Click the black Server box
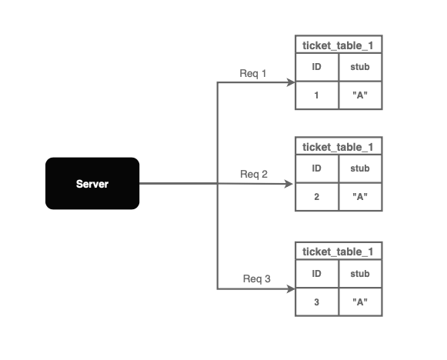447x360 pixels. point(92,183)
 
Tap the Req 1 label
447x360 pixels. point(253,74)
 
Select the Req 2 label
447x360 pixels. point(254,174)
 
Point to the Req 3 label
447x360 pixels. point(256,278)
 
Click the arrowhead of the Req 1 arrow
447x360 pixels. point(291,82)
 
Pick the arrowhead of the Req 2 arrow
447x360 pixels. point(289,184)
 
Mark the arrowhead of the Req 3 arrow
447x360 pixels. point(291,289)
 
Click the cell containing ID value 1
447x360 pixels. point(317,95)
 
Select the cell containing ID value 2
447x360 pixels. point(317,197)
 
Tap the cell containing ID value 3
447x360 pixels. point(317,302)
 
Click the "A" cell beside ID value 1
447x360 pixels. point(360,95)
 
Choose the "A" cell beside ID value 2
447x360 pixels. point(360,197)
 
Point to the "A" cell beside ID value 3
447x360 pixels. point(360,302)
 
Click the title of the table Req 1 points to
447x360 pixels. point(338,45)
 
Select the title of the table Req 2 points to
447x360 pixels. point(338,147)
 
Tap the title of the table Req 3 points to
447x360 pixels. point(338,252)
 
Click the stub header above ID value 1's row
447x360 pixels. point(360,67)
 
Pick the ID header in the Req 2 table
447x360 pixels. point(317,168)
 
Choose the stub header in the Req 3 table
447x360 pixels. point(360,274)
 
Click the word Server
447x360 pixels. point(92,184)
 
